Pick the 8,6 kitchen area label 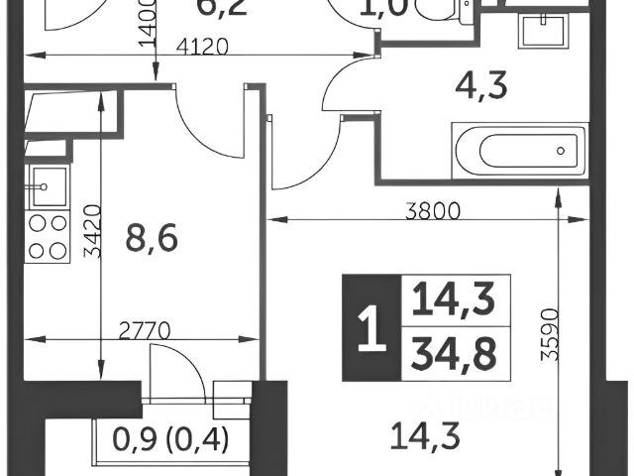coord(146,239)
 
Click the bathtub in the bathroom coord(516,152)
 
